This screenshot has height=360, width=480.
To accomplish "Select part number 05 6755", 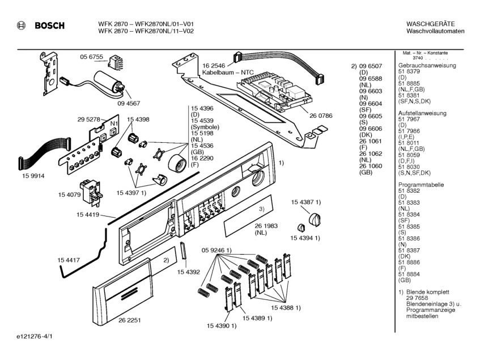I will pyautogui.click(x=91, y=57).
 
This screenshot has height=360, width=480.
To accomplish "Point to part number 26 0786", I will pyautogui.click(x=321, y=116).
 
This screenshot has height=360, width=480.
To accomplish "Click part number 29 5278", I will pyautogui.click(x=88, y=120).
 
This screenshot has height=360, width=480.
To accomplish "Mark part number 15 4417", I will pyautogui.click(x=68, y=259).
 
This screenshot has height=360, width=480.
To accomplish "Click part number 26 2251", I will pyautogui.click(x=130, y=320).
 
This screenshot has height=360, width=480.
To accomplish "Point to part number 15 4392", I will pyautogui.click(x=189, y=272).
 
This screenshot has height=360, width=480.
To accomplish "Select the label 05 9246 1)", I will pyautogui.click(x=216, y=250).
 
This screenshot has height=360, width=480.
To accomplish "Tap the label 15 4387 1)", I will pyautogui.click(x=307, y=202).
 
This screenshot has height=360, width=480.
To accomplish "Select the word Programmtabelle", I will pyautogui.click(x=420, y=185).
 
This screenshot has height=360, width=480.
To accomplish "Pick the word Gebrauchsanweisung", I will pyautogui.click(x=427, y=66).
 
